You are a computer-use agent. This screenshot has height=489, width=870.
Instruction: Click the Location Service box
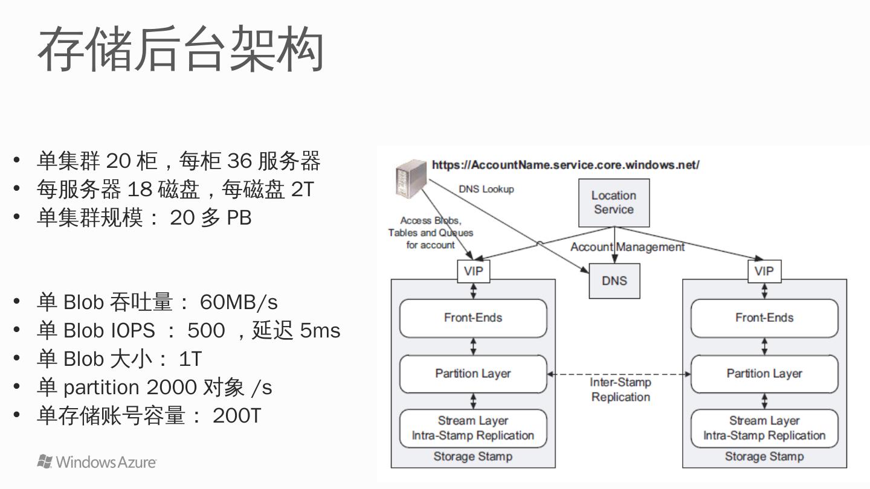coord(614,203)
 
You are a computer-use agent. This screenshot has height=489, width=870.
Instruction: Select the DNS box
coord(614,281)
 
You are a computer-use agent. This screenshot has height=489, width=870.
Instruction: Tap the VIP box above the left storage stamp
coord(473,271)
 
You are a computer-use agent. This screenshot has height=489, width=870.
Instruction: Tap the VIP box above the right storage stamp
coord(764,271)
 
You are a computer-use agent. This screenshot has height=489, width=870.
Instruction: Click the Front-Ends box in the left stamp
coord(473,318)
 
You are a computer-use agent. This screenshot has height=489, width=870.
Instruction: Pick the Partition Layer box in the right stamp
coord(764,374)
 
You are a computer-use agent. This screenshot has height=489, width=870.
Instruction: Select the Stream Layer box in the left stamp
coord(473,428)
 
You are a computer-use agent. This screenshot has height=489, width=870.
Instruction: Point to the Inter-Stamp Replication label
coord(620,389)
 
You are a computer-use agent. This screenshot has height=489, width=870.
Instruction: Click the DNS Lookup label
coord(486,189)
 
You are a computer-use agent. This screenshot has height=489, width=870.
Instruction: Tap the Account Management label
coord(627,247)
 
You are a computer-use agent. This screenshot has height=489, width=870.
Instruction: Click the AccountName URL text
coord(565,165)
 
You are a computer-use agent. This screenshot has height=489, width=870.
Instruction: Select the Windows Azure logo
coord(97,462)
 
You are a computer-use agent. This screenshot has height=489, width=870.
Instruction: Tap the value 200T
coord(236,415)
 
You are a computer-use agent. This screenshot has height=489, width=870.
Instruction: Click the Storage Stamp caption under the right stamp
coord(764,456)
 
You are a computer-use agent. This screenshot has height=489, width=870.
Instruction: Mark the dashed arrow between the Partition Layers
coord(619,374)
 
